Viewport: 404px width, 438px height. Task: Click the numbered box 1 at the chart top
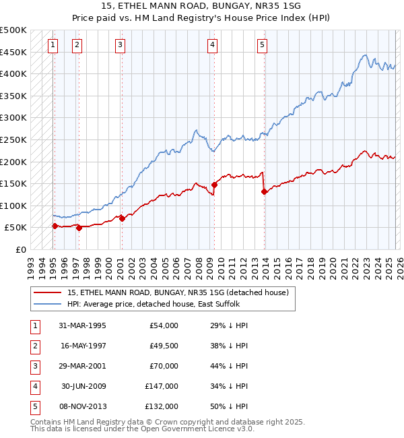point(53,45)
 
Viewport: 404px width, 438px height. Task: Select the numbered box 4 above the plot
point(212,45)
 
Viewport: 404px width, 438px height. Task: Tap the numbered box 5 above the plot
point(262,45)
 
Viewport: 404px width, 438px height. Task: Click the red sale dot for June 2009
point(214,185)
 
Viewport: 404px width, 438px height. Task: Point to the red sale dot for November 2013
point(264,191)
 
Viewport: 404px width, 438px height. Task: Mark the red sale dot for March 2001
point(122,218)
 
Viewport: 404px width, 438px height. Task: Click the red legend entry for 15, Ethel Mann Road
point(178,292)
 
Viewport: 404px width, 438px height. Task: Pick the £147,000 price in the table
point(162,386)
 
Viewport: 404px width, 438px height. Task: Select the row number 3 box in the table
point(34,366)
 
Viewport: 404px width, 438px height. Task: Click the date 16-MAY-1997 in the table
point(83,346)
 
